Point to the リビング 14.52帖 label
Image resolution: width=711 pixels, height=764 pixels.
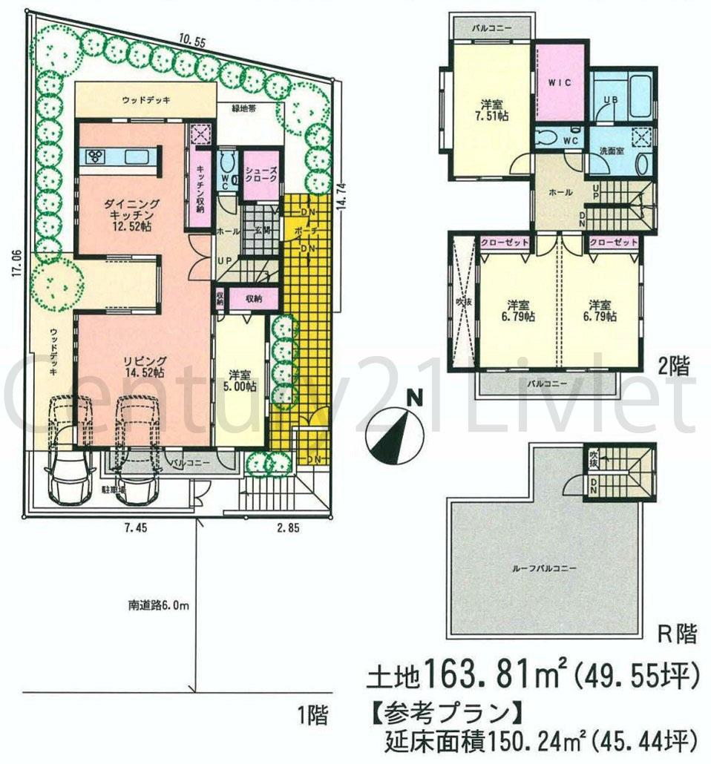point(143,366)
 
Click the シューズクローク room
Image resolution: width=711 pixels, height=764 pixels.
point(261,175)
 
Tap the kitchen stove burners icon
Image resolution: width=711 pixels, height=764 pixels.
point(96,157)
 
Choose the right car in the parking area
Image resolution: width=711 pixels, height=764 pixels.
point(136,454)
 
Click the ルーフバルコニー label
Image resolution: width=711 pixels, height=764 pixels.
point(545,567)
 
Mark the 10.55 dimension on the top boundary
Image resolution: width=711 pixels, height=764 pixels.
point(190,42)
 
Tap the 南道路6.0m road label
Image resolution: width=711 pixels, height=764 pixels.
point(158,605)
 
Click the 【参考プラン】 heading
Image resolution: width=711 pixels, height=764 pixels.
point(444,712)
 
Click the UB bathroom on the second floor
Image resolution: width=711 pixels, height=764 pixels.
point(622,96)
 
